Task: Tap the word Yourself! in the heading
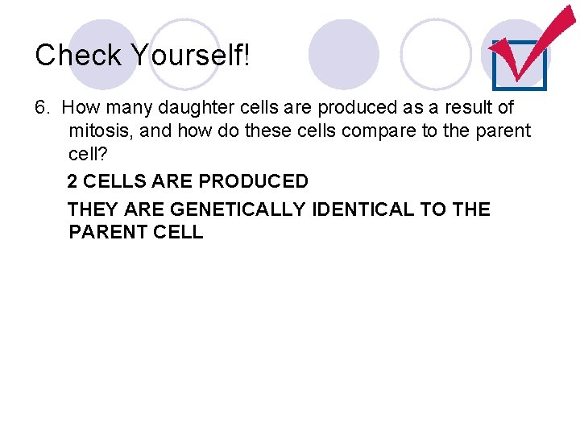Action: [190, 55]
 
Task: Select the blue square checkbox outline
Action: [519, 64]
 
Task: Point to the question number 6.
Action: [42, 107]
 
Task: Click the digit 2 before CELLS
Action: [72, 181]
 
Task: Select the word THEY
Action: [93, 209]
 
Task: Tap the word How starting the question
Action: [79, 107]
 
